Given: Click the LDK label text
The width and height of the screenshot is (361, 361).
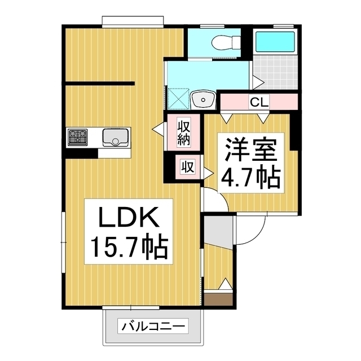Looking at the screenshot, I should coord(127,217).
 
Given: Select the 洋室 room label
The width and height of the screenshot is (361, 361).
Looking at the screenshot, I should coord(251,151).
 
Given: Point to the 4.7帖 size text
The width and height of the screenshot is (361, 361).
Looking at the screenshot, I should coord(251,178).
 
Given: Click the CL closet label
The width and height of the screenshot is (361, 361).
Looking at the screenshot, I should coord(259,103).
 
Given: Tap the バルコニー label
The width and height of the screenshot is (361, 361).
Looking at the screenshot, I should coord(153,326).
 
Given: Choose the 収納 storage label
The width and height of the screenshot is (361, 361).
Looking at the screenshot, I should coord(183,133).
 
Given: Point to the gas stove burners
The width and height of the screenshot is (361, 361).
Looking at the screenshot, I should coord(77,137).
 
